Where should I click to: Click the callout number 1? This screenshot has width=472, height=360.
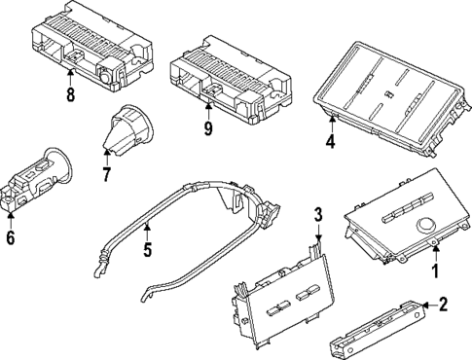[x=436, y=270]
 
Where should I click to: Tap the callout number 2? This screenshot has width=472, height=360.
[x=442, y=305]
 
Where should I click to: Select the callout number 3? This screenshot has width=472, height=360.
[x=318, y=215]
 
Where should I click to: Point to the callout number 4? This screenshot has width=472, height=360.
[x=330, y=141]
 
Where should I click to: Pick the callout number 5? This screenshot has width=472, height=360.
[x=148, y=249]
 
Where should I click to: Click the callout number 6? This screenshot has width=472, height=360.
[x=11, y=237]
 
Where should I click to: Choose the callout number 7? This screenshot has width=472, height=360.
[x=106, y=173]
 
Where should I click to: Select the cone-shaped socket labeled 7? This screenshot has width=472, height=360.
[x=127, y=128]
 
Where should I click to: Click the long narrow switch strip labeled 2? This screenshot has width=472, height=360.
[x=378, y=330]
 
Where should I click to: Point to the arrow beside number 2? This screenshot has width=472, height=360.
[x=429, y=306]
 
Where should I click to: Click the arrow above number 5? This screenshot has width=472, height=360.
[x=148, y=231]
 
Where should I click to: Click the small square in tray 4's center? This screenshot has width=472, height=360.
[x=387, y=93]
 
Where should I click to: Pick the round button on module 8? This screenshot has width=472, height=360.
[x=105, y=77]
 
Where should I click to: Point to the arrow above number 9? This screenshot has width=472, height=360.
[x=208, y=110]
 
